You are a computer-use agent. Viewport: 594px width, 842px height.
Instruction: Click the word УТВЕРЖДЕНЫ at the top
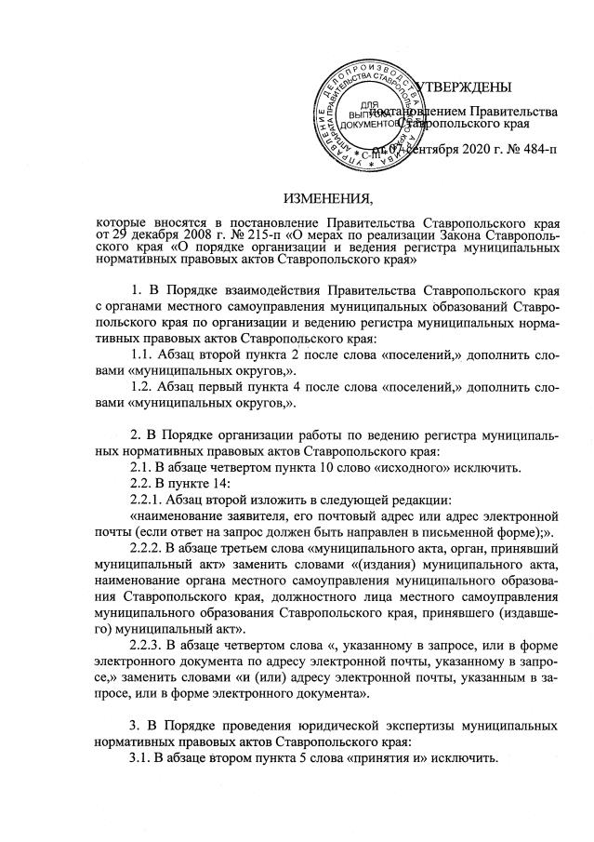463,87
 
